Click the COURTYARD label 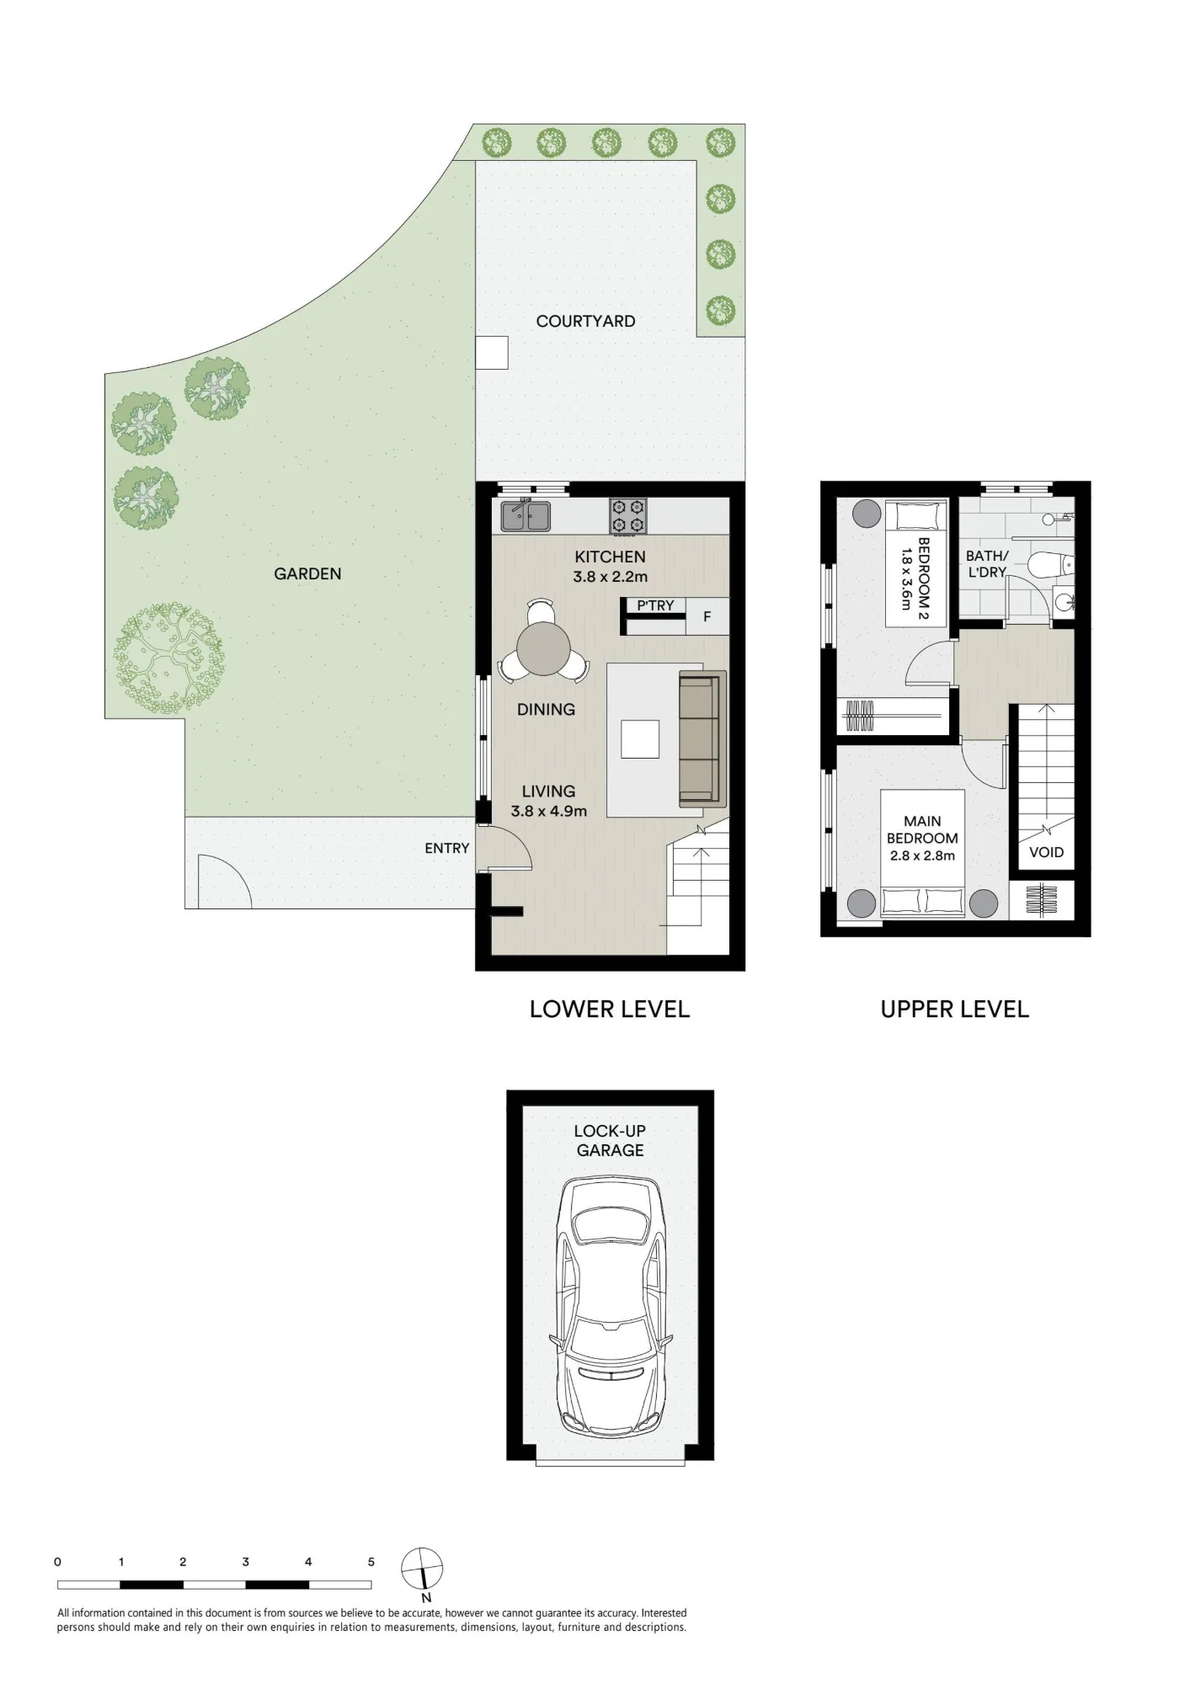pyautogui.click(x=585, y=321)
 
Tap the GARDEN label pyautogui.click(x=307, y=573)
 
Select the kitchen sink pyautogui.click(x=526, y=515)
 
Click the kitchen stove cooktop pyautogui.click(x=628, y=516)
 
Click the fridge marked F pyautogui.click(x=707, y=616)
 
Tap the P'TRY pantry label pyautogui.click(x=655, y=605)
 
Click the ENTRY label pyautogui.click(x=446, y=848)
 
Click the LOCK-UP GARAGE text pyautogui.click(x=610, y=1140)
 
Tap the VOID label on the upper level pyautogui.click(x=1046, y=852)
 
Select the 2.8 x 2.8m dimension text pyautogui.click(x=922, y=855)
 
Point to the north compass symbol pyautogui.click(x=422, y=1569)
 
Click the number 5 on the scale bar pyautogui.click(x=371, y=1562)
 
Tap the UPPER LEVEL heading pyautogui.click(x=954, y=1009)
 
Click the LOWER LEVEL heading pyautogui.click(x=610, y=1009)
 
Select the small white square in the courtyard pyautogui.click(x=492, y=352)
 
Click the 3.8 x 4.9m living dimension pyautogui.click(x=548, y=812)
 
